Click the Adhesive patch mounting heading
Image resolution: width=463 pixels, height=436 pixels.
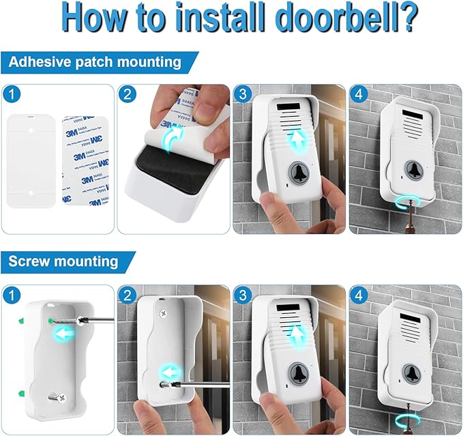(95, 62)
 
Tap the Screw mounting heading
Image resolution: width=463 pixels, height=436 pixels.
(63, 261)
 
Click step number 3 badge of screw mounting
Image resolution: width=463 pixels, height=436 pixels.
(241, 293)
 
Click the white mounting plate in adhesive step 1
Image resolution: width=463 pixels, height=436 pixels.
(31, 161)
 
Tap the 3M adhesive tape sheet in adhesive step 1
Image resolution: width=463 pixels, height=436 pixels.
(86, 161)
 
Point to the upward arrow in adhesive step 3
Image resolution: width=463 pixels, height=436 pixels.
(295, 141)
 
